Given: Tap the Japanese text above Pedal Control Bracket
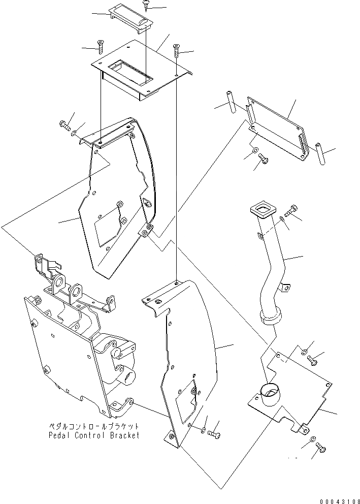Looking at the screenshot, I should coord(93,427).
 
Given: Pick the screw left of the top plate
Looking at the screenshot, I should coord(100,47).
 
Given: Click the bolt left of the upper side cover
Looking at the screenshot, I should coord(64,125).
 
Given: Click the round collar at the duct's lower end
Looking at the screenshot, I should coord(271,318).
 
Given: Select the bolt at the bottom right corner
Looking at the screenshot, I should coord(320,448).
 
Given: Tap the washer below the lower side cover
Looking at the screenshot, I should coord(203,430).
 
